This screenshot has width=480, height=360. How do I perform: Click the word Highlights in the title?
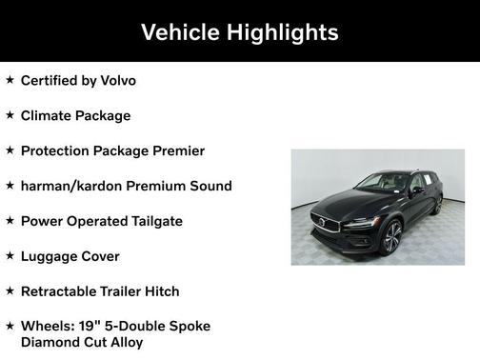(x=281, y=32)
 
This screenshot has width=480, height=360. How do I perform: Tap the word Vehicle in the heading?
(x=180, y=32)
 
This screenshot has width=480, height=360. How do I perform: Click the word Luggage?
(x=51, y=256)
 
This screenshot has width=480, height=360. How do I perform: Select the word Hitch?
(x=159, y=291)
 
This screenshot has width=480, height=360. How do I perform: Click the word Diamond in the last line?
(x=50, y=342)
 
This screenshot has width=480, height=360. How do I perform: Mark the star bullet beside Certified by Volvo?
(x=10, y=80)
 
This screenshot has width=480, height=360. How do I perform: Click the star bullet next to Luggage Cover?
(x=10, y=256)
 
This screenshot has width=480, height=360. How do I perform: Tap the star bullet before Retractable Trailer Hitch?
(x=10, y=291)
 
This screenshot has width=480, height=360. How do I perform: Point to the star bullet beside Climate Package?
(x=10, y=115)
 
